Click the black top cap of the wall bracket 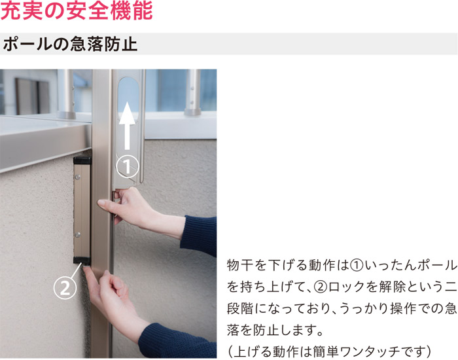pyautogui.click(x=82, y=160)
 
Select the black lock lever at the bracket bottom pyautogui.click(x=82, y=262)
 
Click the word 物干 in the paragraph pyautogui.click(x=238, y=265)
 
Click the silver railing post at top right pyautogui.click(x=193, y=92)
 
